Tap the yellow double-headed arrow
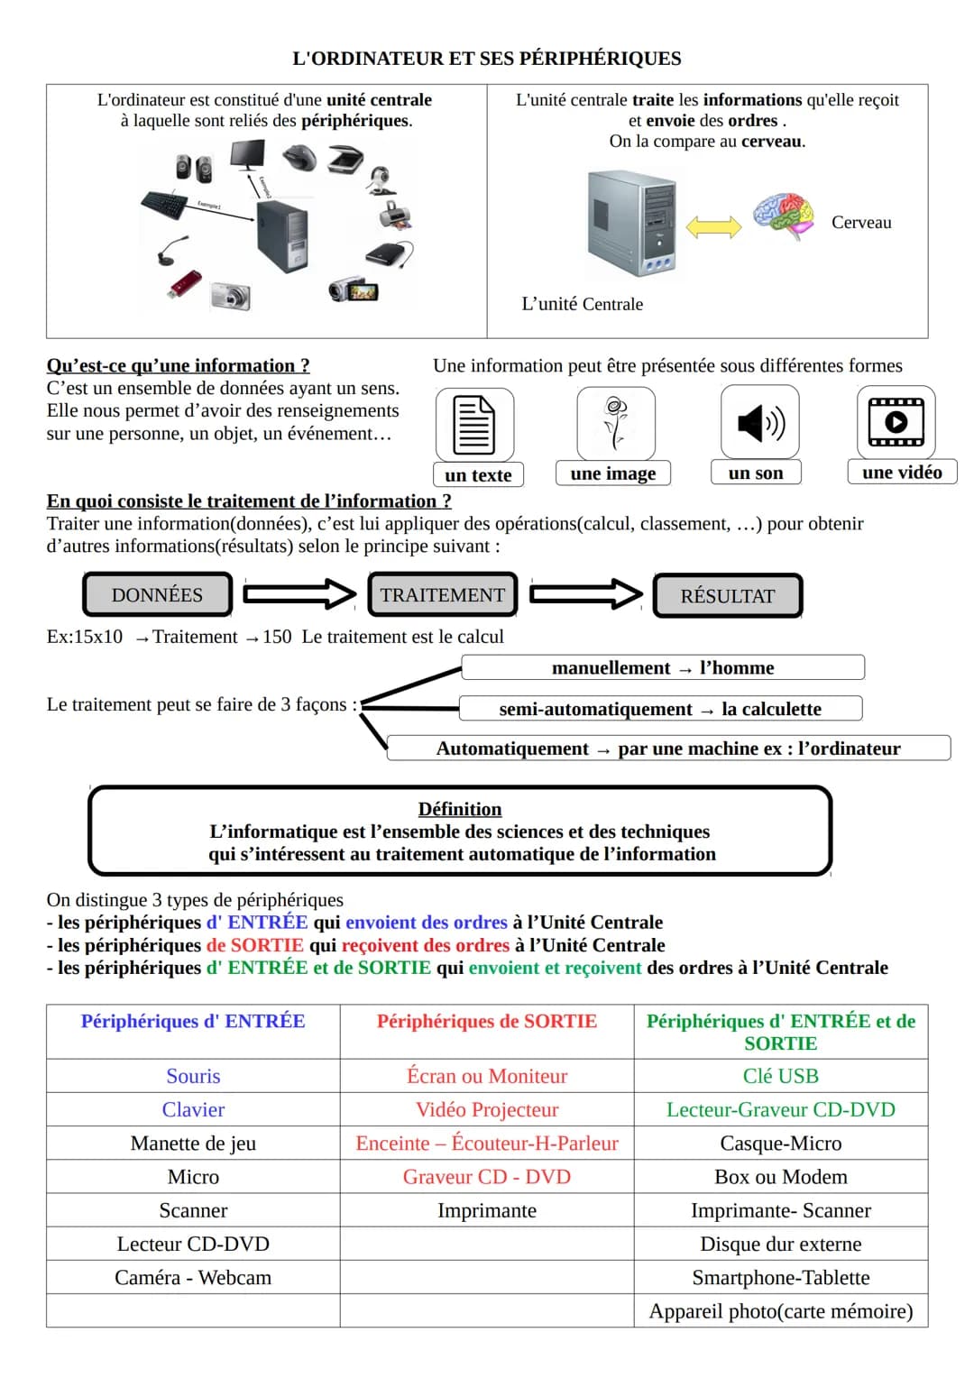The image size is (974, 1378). (x=713, y=225)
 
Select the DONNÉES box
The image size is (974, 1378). (x=157, y=595)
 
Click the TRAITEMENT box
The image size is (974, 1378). (x=442, y=595)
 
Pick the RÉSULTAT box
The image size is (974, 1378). (x=727, y=596)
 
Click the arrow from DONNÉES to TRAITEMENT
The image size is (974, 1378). (x=299, y=593)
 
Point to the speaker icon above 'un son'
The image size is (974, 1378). (x=760, y=422)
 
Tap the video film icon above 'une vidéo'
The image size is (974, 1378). (x=896, y=421)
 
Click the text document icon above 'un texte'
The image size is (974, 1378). (x=474, y=424)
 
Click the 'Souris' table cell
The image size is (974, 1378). (x=193, y=1076)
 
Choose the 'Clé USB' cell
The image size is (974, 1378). (x=780, y=1076)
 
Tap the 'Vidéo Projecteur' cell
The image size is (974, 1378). (x=487, y=1109)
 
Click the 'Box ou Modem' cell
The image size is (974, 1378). (x=780, y=1177)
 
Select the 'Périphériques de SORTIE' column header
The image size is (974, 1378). (x=487, y=1022)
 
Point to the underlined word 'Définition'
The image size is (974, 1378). (x=460, y=809)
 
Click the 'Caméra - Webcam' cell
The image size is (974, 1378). (x=193, y=1278)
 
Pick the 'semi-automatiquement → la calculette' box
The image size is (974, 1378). (x=660, y=709)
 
